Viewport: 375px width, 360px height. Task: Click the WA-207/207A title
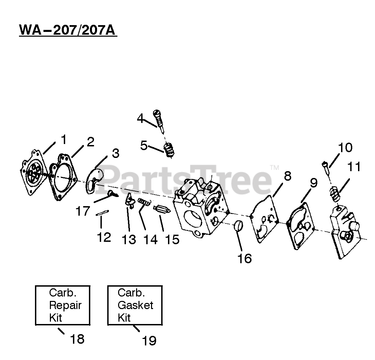[68, 30]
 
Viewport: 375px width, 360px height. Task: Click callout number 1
[63, 139]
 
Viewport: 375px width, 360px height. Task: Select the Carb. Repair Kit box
[63, 305]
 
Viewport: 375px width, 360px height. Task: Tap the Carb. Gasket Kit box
[135, 305]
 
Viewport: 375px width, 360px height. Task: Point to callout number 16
[244, 258]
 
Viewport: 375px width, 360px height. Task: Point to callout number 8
[287, 177]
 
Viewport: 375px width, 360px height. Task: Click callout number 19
[149, 340]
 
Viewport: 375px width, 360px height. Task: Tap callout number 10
[345, 148]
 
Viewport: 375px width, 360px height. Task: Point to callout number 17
[82, 211]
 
